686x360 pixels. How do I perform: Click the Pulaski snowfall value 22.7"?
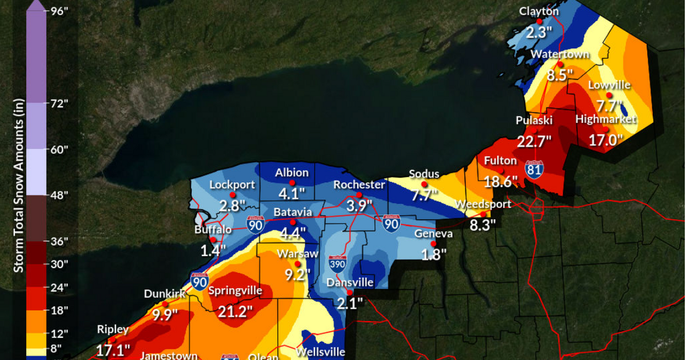click(534, 139)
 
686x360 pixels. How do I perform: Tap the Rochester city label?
click(359, 185)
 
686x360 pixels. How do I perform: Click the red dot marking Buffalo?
click(213, 239)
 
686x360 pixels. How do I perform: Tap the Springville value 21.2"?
click(235, 311)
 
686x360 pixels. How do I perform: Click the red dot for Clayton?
click(539, 21)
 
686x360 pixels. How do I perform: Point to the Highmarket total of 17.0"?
click(605, 139)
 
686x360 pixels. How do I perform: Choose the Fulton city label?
click(500, 161)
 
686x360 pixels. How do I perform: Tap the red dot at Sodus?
click(424, 184)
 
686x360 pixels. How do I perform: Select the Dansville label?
click(350, 282)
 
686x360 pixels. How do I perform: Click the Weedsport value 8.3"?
click(482, 225)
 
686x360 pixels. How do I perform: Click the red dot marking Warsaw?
click(297, 264)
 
